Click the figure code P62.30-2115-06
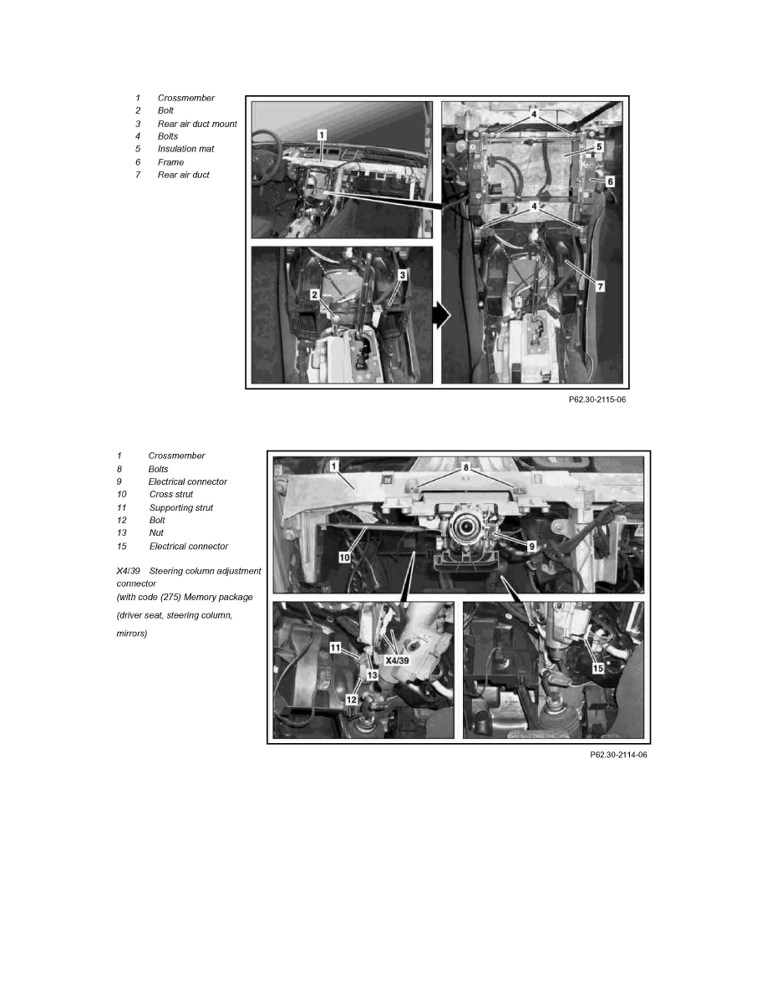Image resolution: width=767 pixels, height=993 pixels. [x=597, y=400]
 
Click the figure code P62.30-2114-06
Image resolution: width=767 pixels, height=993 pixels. [x=618, y=755]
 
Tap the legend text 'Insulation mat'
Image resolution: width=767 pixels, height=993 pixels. [x=186, y=149]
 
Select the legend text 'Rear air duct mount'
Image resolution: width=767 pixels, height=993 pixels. [x=197, y=124]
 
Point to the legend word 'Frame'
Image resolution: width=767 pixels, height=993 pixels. [x=171, y=162]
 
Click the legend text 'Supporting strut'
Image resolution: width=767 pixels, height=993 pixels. [x=181, y=508]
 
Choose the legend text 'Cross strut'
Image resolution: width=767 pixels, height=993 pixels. [x=171, y=495]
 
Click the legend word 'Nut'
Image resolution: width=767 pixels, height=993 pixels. [x=156, y=533]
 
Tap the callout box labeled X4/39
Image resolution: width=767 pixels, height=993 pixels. [x=398, y=660]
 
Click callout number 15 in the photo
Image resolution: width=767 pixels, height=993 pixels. [x=598, y=668]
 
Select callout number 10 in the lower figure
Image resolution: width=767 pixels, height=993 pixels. [x=344, y=558]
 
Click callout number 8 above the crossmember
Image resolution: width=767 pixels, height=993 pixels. [x=465, y=468]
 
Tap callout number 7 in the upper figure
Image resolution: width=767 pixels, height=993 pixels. [x=600, y=286]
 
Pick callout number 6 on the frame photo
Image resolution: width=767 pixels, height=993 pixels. [x=610, y=181]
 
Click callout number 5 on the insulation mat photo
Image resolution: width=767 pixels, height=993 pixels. [x=599, y=147]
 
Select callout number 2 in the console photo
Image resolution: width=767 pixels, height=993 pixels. [x=314, y=295]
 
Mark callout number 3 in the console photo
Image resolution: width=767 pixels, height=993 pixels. [x=403, y=276]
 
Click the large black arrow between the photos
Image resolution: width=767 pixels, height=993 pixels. [x=442, y=315]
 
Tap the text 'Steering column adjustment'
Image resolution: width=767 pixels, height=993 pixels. [x=205, y=571]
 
